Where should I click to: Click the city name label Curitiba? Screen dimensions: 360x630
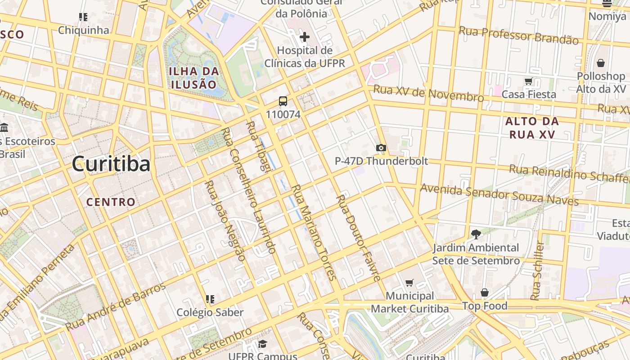(111, 164)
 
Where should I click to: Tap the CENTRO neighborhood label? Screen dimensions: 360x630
(111, 202)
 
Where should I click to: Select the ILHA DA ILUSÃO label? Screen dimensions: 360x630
(193, 78)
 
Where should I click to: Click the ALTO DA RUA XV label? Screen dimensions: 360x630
(532, 127)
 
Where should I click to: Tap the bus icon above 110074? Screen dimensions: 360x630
(283, 101)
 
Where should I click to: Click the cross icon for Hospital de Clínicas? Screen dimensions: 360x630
(305, 37)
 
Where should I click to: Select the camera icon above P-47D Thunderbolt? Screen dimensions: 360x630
(381, 148)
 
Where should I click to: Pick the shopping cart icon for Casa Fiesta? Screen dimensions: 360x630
(528, 81)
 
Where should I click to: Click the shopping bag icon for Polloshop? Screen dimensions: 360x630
(600, 63)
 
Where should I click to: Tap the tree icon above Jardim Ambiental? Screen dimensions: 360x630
(476, 234)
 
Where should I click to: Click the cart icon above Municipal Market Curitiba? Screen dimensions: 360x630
(409, 283)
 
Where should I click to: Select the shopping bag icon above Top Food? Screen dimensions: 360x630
(484, 293)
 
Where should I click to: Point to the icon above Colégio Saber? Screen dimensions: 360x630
(209, 299)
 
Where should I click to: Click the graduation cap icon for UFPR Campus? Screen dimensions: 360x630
(262, 344)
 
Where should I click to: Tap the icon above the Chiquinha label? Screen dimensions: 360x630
(83, 17)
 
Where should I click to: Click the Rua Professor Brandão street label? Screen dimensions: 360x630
(518, 35)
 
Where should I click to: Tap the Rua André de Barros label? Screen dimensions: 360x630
(116, 307)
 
